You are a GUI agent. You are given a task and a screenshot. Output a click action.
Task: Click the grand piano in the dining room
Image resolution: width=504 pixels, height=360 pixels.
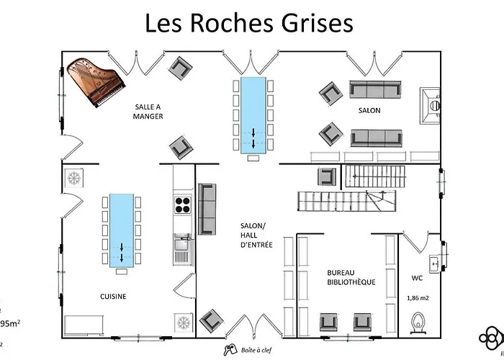point(89,81)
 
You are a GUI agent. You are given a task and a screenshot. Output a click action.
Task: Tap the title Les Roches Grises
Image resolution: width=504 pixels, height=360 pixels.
point(249,23)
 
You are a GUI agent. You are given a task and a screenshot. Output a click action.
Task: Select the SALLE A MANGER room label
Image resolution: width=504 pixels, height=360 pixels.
point(149,111)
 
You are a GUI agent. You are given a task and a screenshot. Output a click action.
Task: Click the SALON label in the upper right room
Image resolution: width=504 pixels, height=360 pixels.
point(369,110)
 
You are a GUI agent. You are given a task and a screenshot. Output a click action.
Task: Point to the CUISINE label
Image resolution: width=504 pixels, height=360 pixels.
point(113,296)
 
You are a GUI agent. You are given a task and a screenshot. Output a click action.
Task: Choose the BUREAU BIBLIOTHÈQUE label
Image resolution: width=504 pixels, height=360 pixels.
point(351,277)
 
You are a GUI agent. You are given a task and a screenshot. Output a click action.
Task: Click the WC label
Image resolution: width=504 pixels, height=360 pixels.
point(418,277)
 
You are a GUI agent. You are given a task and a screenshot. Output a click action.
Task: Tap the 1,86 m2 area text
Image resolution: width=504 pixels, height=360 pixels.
point(418,297)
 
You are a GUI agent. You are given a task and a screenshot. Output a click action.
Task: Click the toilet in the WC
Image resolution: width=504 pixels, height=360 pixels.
point(418,321)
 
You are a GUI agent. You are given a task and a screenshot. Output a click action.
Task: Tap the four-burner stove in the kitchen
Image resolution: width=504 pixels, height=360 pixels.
point(182,204)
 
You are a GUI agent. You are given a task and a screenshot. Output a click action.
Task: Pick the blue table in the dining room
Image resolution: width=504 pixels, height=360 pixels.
point(253,115)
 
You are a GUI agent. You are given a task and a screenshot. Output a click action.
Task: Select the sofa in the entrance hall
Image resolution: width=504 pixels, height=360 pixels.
point(207,210)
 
